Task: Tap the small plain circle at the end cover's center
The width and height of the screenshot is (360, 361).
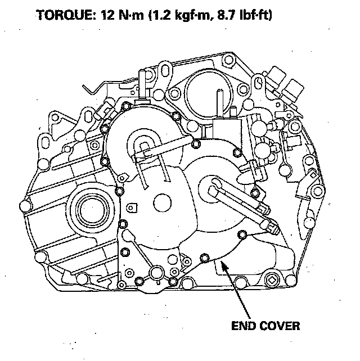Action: point(164,201)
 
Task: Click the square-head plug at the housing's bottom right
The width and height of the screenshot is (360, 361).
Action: point(272,280)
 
